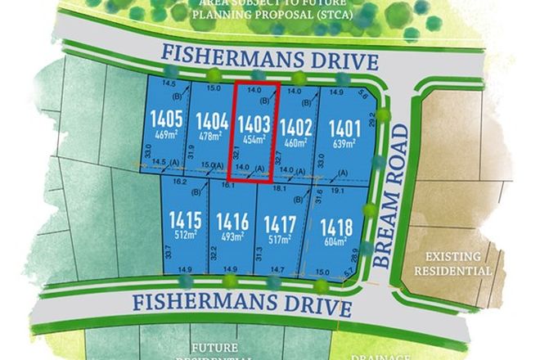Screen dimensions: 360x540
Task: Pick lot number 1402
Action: point(296,128)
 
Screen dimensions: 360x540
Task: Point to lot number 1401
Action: point(344,128)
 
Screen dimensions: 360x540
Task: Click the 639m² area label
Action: point(344,145)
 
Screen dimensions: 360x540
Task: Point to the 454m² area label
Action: point(253,141)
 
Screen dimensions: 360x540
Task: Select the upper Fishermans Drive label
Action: point(269,60)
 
